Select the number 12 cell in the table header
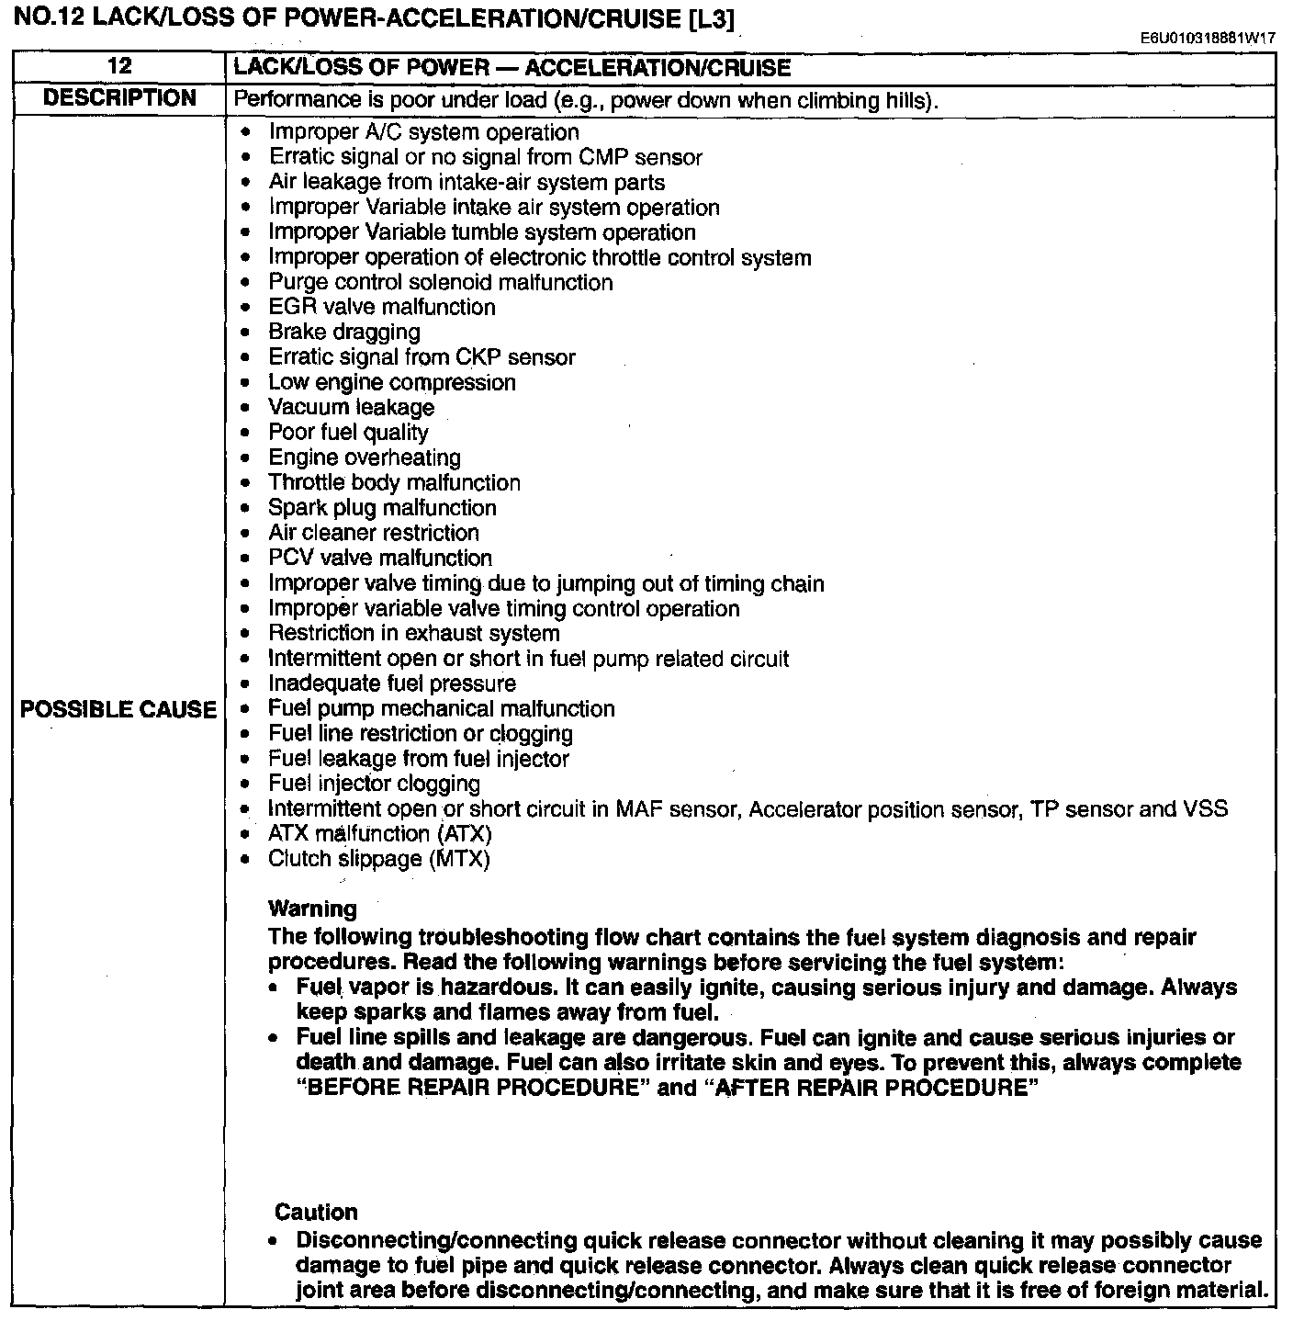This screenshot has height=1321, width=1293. tap(119, 66)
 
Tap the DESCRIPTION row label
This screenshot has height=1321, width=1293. tap(119, 98)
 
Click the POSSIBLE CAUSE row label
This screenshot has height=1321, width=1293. tap(118, 709)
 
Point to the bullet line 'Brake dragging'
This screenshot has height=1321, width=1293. tap(343, 333)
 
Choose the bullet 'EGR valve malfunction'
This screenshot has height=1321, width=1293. tap(381, 308)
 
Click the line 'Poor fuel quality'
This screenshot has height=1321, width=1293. tap(348, 433)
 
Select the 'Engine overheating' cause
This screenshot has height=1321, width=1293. tap(365, 457)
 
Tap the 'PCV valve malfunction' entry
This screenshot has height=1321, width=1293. tap(379, 558)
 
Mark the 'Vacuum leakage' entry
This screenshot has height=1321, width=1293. tap(351, 408)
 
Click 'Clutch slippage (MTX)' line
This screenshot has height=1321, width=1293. tap(378, 859)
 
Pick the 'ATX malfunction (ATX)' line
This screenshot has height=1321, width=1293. tap(379, 834)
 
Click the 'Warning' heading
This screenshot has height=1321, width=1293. tap(312, 909)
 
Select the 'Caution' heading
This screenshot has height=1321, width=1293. tap(316, 1212)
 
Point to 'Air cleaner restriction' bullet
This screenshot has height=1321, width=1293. tap(373, 533)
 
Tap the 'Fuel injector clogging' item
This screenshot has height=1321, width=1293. tap(374, 784)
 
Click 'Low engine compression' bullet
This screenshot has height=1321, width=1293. tap(391, 382)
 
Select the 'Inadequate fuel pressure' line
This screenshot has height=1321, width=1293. tap(391, 683)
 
